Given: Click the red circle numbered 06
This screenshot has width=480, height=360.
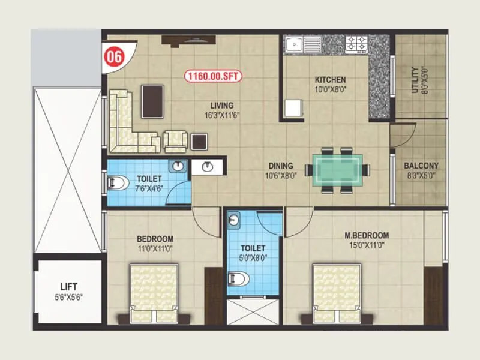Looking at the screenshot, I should click(x=115, y=56).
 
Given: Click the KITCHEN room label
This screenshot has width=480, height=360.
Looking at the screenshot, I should click(x=330, y=80).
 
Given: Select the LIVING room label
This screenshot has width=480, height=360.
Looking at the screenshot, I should click(x=217, y=106).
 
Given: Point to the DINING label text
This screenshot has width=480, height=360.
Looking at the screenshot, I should click(x=280, y=166).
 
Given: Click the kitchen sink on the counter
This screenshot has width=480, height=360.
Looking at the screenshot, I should click(x=298, y=43).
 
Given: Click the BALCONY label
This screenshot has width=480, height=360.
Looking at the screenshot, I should click(x=421, y=166).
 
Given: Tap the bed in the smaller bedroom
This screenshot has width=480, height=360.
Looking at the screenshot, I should click(x=154, y=294).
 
